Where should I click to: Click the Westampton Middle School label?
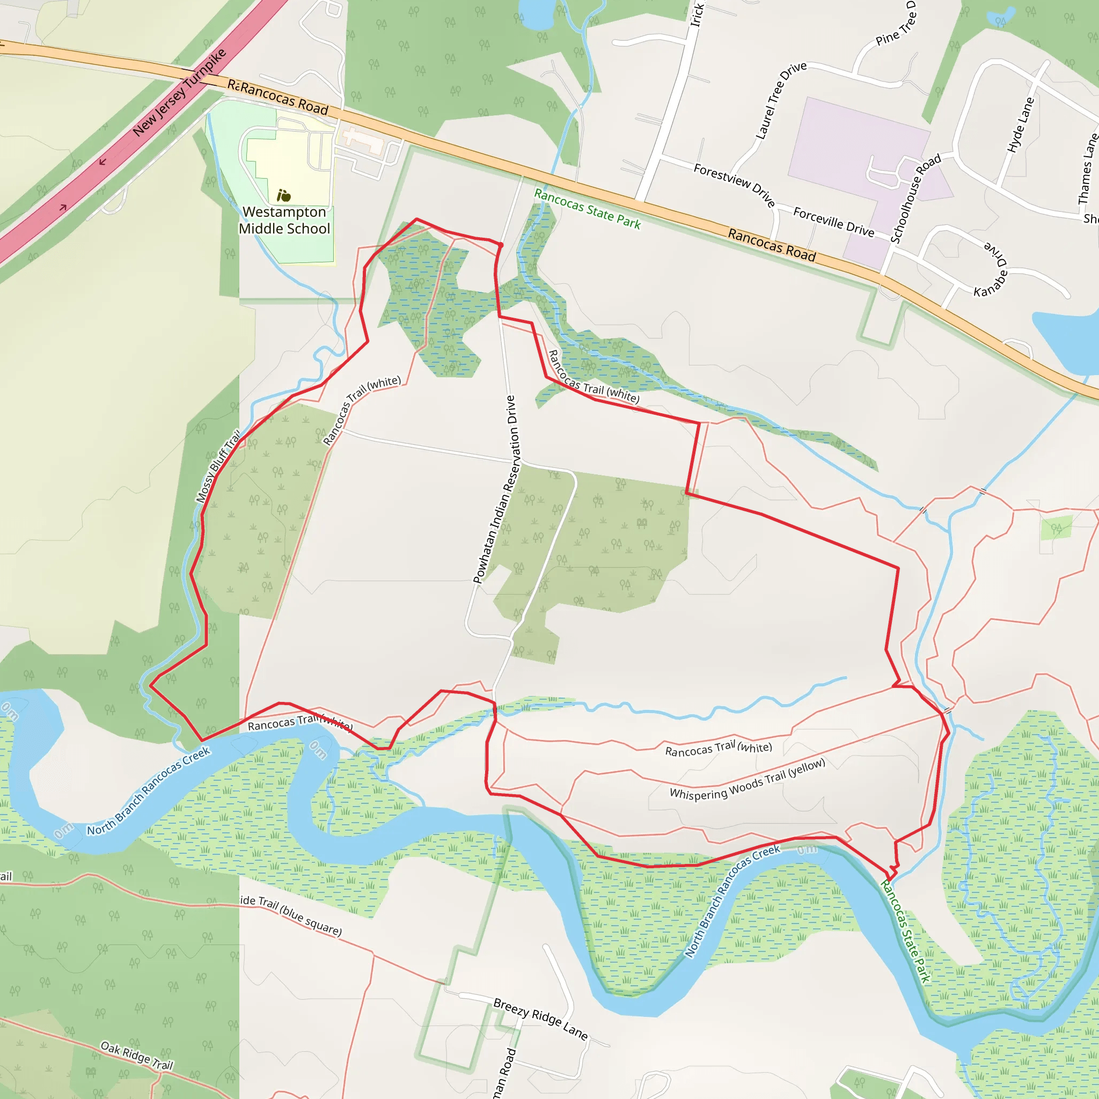point(284,220)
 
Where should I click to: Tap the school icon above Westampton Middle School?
point(284,196)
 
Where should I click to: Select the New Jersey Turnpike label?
point(179,93)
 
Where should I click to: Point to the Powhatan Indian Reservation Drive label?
point(495,489)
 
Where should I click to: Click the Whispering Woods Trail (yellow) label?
point(747,779)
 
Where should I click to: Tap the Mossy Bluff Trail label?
point(217,466)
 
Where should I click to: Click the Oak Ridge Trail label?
point(136,1055)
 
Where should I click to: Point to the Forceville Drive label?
point(833,221)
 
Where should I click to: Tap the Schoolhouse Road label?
point(915,198)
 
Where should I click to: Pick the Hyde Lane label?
point(1020,124)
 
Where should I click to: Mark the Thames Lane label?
point(1088,168)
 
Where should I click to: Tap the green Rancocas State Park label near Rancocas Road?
point(587,209)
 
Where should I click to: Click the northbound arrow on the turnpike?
point(63,207)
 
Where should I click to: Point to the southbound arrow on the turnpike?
point(102,162)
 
